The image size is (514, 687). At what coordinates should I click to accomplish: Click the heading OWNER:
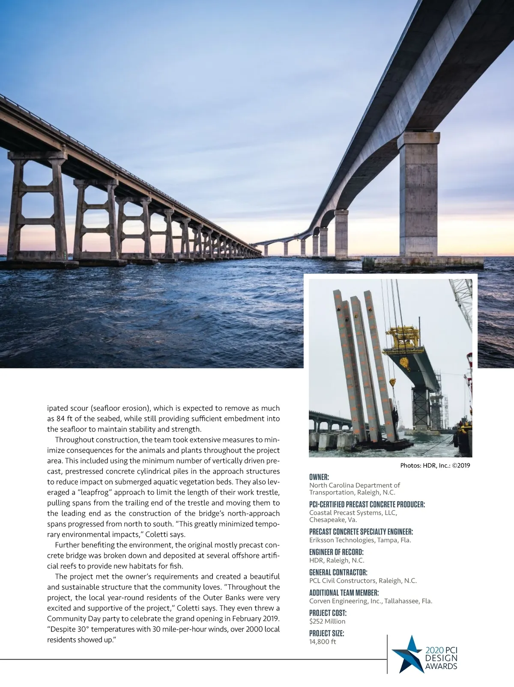click(x=319, y=477)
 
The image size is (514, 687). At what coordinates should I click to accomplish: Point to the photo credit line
click(x=435, y=465)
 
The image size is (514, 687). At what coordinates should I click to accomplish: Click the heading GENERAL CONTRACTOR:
click(x=338, y=572)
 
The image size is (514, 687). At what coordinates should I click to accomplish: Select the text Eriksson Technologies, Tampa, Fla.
click(x=360, y=540)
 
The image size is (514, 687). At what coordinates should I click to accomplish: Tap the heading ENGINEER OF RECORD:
click(x=336, y=552)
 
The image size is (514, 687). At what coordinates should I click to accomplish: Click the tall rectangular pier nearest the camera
click(x=418, y=197)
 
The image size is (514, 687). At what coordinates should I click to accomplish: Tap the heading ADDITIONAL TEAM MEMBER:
click(x=344, y=593)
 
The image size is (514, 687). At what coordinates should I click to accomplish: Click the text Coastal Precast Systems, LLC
click(x=353, y=512)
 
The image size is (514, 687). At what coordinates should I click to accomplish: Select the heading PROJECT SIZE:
click(x=326, y=634)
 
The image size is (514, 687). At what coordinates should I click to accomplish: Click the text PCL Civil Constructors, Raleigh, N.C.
click(x=363, y=580)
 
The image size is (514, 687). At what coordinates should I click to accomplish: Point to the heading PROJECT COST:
click(x=328, y=613)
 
